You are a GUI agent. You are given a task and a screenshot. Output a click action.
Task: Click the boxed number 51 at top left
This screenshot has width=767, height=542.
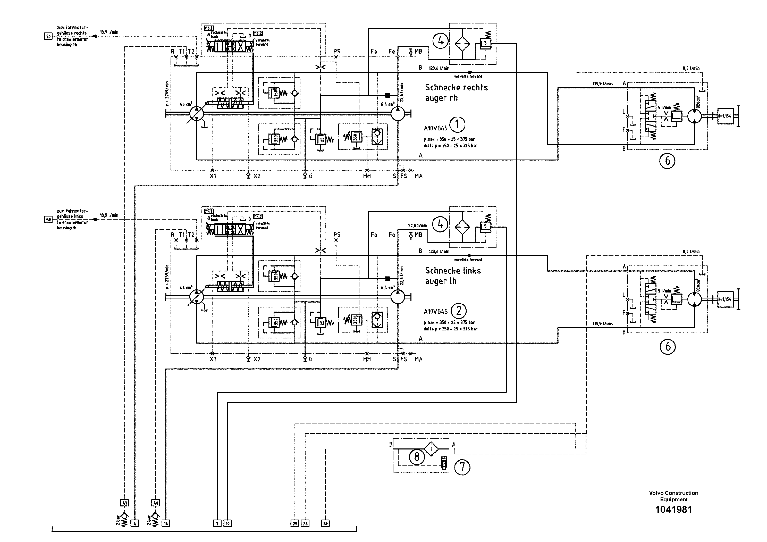(x=48, y=36)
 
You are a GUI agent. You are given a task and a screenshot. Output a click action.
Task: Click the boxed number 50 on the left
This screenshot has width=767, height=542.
(x=48, y=220)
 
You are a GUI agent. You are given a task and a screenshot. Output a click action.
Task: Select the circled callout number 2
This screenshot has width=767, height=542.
(x=458, y=311)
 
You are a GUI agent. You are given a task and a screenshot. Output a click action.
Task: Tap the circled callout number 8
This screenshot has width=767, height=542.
(x=417, y=456)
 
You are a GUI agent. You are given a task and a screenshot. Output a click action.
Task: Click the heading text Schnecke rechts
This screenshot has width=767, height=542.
(x=456, y=88)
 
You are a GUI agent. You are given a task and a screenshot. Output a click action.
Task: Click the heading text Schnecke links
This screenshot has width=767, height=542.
(x=453, y=271)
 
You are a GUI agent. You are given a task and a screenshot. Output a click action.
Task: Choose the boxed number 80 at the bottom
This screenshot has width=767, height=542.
(x=325, y=524)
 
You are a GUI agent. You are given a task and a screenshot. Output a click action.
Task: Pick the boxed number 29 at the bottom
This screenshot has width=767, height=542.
(x=295, y=524)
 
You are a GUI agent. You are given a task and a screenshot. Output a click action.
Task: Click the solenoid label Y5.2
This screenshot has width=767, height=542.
(x=258, y=216)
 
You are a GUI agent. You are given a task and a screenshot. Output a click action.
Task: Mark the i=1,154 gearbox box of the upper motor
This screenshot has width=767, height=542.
(x=725, y=116)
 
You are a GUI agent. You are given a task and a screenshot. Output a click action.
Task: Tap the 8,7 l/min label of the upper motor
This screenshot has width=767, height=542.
(x=691, y=68)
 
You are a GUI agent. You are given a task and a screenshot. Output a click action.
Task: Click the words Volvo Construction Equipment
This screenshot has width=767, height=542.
(x=673, y=496)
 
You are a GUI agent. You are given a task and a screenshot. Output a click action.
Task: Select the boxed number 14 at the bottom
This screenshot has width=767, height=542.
(x=166, y=524)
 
